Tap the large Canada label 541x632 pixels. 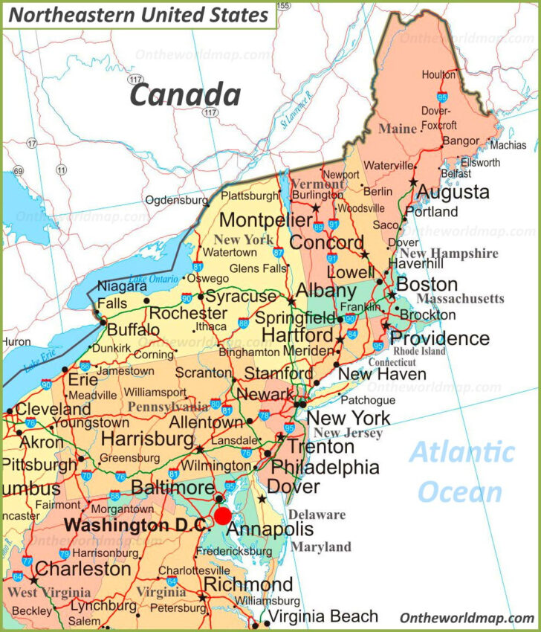(x=185, y=95)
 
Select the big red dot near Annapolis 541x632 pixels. (x=222, y=516)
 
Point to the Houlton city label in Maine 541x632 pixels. (x=438, y=75)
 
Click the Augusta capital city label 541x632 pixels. (x=453, y=193)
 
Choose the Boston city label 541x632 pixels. (x=427, y=284)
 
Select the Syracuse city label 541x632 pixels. (x=240, y=296)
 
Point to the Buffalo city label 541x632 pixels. (x=134, y=329)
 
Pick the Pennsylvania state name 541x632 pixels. (x=168, y=407)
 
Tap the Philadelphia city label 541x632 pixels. (x=325, y=467)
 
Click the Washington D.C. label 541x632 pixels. (x=139, y=525)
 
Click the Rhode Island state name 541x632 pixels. (x=419, y=351)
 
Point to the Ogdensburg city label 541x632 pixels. (x=176, y=200)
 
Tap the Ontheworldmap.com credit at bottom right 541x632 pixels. (x=467, y=618)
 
